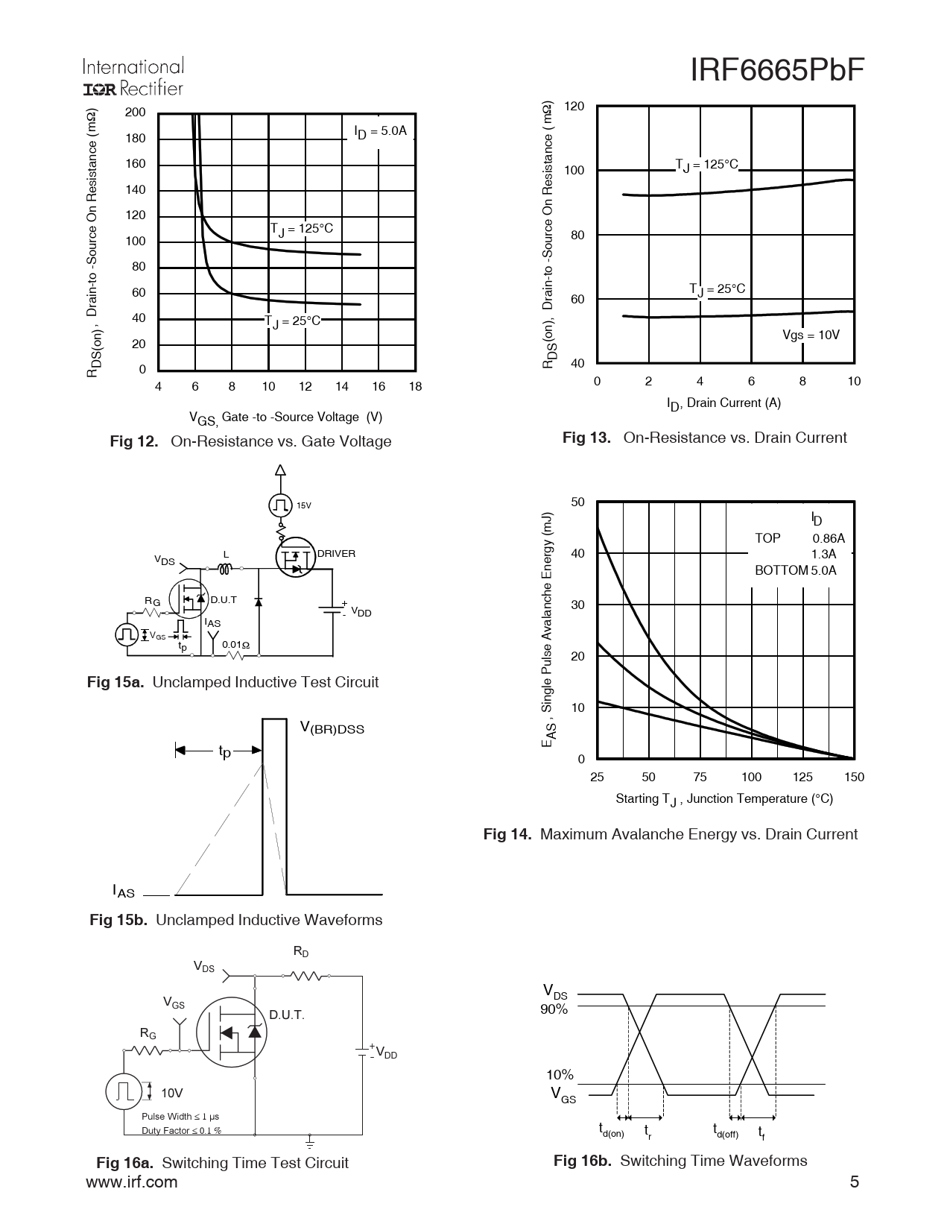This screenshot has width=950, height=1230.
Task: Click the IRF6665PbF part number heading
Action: tap(777, 71)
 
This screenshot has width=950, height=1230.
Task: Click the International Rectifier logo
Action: tap(133, 78)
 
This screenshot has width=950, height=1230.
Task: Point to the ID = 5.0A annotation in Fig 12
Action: tap(380, 132)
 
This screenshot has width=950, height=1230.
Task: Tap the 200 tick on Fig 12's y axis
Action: tap(136, 113)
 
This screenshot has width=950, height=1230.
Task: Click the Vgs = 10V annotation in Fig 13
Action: tap(811, 335)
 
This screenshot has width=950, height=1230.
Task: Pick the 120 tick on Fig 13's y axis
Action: tap(574, 107)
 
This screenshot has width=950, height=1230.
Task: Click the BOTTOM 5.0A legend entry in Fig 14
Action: tap(795, 571)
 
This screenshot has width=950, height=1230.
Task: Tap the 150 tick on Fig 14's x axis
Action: tap(854, 777)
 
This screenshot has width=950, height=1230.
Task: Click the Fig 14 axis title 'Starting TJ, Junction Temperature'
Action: tap(723, 799)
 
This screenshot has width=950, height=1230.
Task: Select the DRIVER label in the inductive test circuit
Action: tap(336, 554)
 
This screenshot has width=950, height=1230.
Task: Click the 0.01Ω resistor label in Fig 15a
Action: tap(235, 645)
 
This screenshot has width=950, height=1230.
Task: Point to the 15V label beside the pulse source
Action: tap(303, 505)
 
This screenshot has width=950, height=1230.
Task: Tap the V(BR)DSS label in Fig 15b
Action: tap(332, 728)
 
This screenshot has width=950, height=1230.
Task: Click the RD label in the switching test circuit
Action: tap(301, 952)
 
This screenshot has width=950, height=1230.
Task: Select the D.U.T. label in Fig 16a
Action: tap(287, 1015)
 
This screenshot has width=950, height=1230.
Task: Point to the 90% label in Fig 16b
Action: tap(554, 1009)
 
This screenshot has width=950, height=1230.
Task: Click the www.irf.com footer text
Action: tap(132, 1182)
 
